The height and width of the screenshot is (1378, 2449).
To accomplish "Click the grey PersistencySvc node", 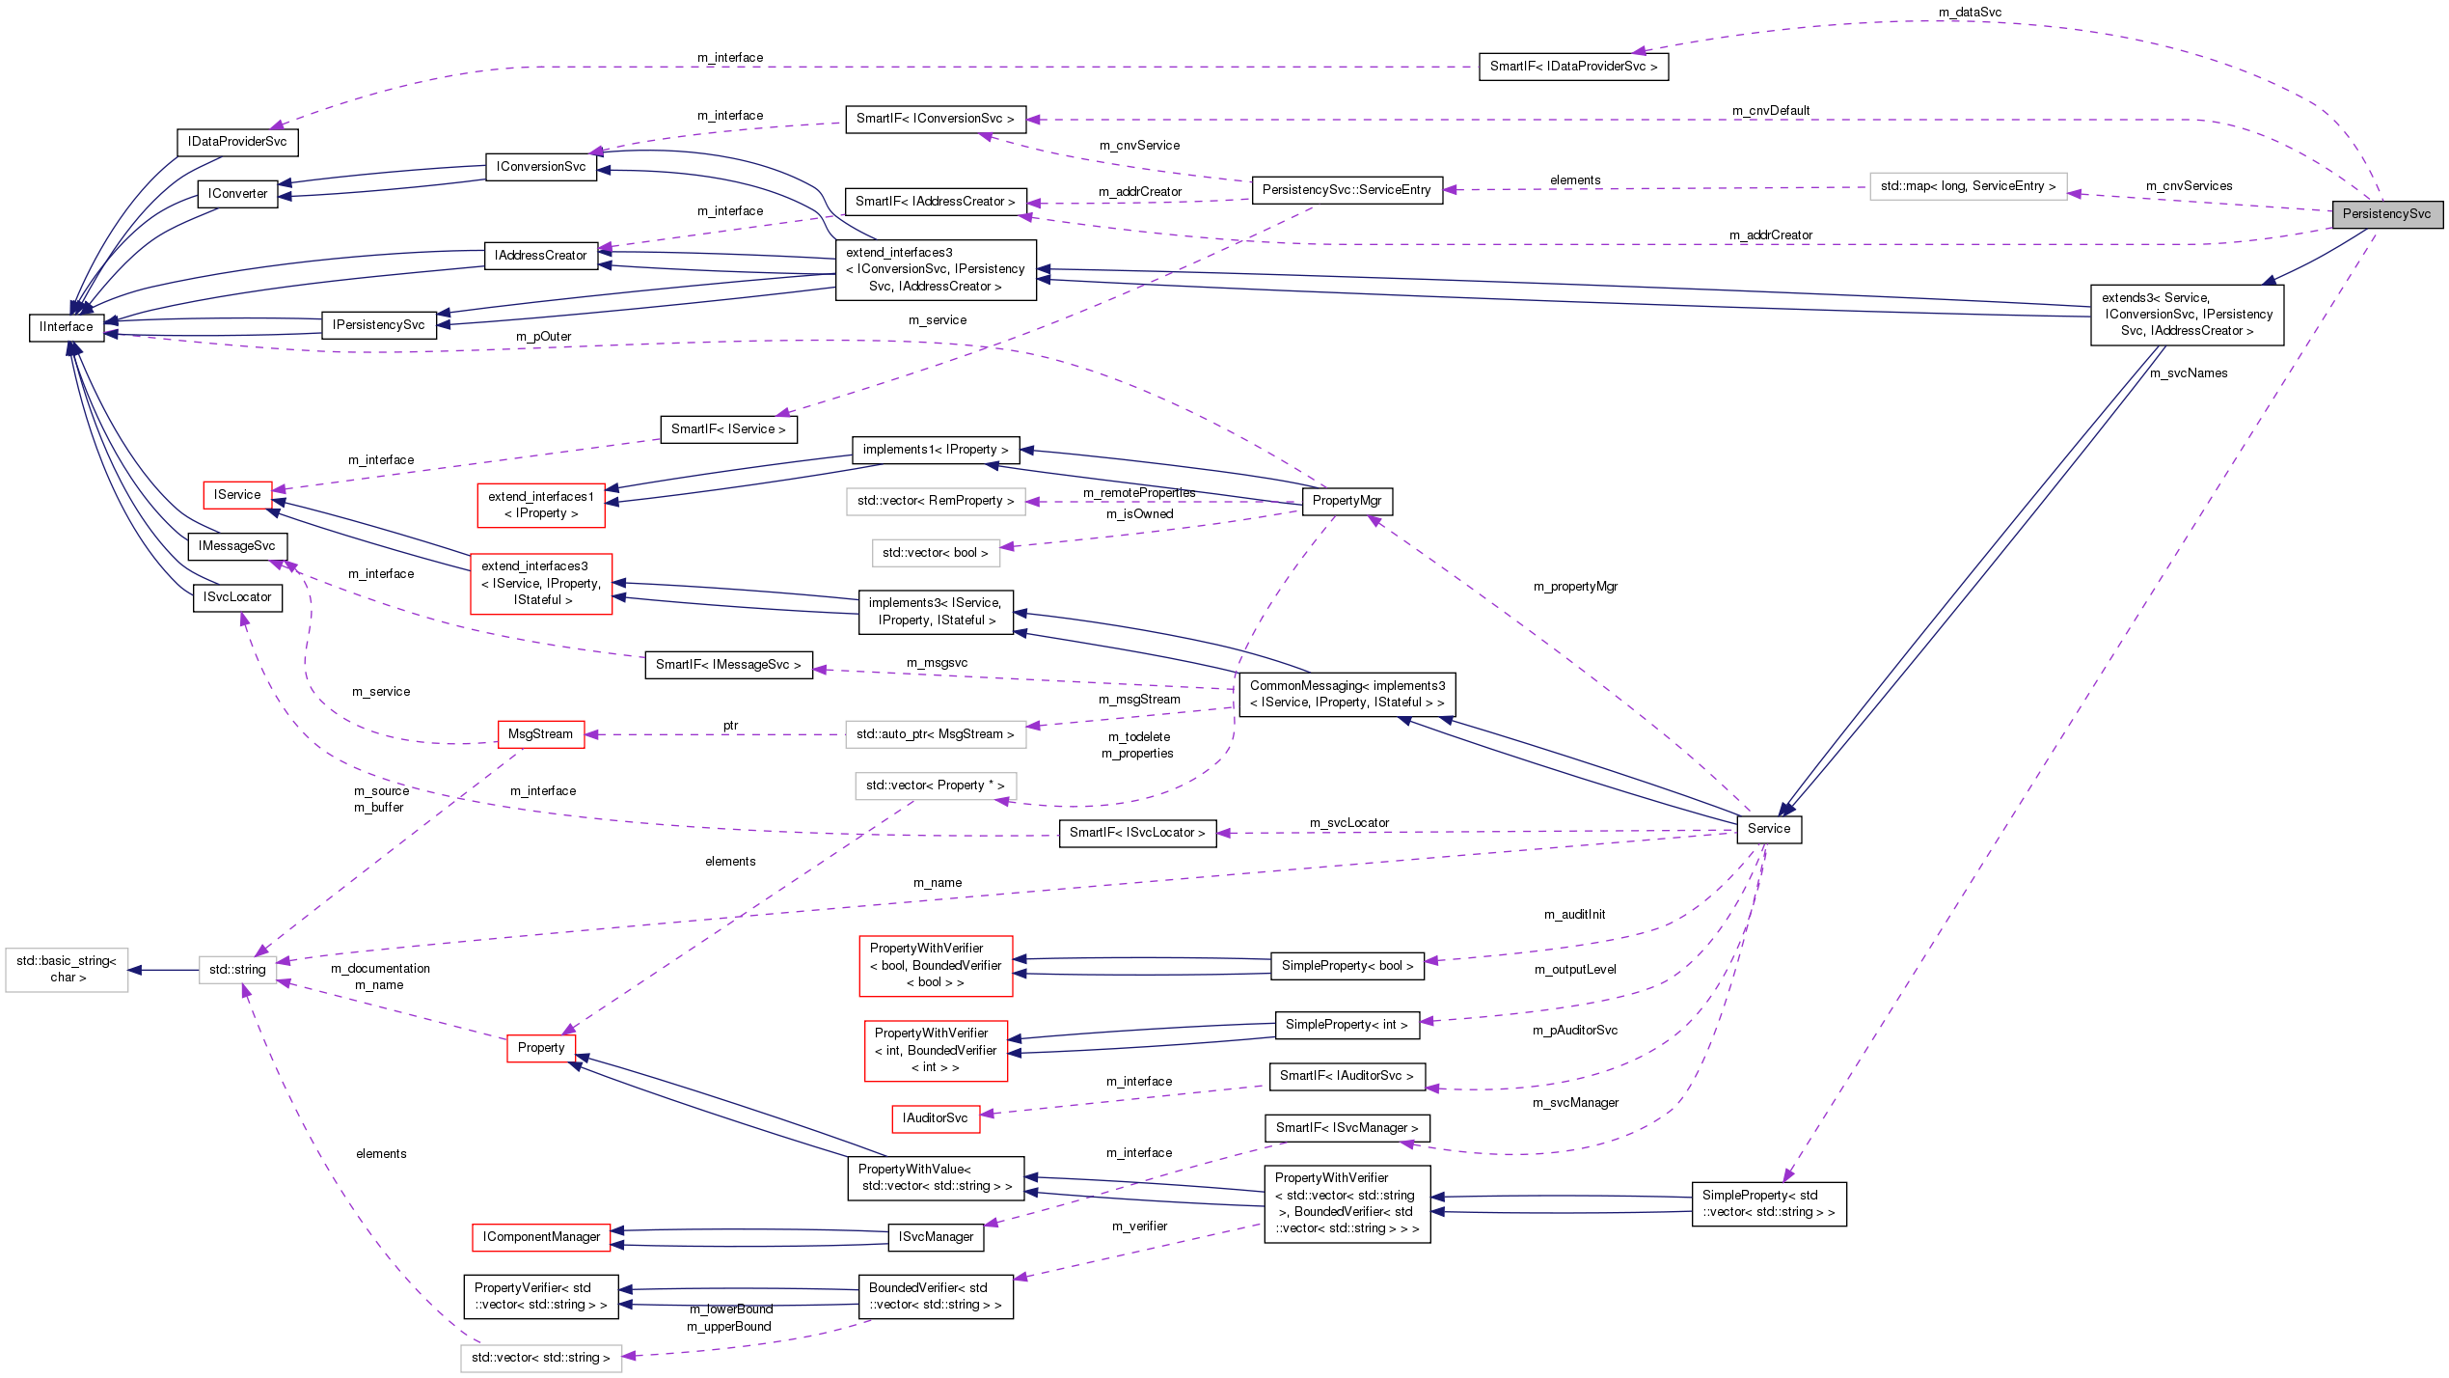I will [2386, 214].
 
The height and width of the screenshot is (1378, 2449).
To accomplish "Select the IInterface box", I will [67, 327].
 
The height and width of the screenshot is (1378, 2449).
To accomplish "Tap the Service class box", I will [1768, 829].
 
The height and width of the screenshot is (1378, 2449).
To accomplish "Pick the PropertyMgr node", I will [1347, 501].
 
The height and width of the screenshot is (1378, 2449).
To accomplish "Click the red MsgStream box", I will [540, 734].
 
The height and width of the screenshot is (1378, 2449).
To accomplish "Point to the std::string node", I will [237, 970].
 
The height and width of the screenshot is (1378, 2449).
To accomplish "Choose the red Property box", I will [541, 1048].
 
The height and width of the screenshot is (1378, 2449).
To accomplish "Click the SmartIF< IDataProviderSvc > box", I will [1572, 67].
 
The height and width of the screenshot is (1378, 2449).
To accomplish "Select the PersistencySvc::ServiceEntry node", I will [1347, 190].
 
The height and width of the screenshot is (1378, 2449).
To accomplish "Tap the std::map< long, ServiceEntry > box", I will [1968, 186].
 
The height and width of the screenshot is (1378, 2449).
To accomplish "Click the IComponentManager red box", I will [541, 1237].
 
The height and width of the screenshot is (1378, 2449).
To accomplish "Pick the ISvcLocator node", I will [237, 597].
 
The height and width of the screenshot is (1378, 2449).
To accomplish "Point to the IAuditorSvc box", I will [935, 1118].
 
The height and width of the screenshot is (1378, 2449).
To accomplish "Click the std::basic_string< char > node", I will [67, 970].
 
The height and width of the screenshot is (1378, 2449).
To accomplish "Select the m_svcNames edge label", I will [2189, 373].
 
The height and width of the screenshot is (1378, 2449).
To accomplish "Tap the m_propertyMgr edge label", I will [1575, 587].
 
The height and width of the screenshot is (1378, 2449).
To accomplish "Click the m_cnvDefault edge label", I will [1771, 111].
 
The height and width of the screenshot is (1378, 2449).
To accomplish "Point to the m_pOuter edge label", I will [543, 337].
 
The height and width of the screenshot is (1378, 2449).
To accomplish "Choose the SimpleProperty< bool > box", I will [1347, 966].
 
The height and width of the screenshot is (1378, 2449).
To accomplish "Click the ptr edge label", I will [730, 726].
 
